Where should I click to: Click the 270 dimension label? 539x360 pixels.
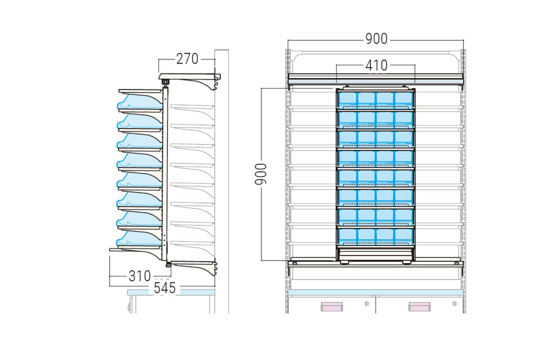coord(187,59)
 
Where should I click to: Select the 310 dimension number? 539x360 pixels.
coord(140,276)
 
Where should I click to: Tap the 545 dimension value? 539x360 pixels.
coord(165,288)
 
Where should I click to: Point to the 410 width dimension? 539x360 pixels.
coord(377,65)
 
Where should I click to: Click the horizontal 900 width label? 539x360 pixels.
coord(377,39)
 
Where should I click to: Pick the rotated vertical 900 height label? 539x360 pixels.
coord(261,174)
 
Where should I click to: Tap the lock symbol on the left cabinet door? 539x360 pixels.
coord(367,304)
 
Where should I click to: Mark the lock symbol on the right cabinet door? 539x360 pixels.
coord(454,304)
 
